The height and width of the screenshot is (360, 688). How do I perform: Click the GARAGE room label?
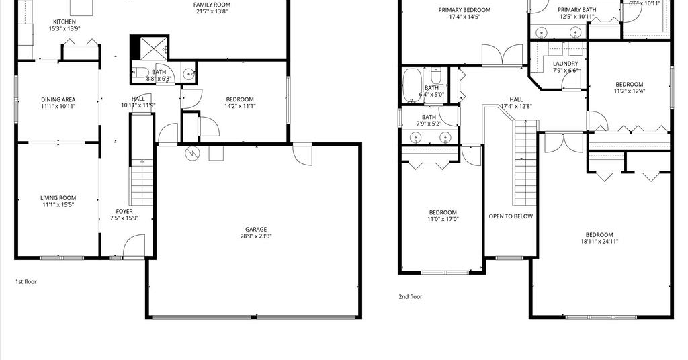pos(256,229)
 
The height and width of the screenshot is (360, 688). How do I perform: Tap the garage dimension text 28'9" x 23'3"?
pos(256,236)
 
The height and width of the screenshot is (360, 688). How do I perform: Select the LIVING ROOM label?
pos(58,198)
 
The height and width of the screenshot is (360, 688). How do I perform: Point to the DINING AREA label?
pos(58,99)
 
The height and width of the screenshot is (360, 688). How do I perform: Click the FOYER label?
pos(124,212)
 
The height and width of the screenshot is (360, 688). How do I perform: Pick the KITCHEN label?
pos(64,22)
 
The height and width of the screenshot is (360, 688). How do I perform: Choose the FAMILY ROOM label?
pos(212,5)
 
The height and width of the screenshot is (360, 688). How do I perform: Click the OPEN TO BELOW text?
pos(511,216)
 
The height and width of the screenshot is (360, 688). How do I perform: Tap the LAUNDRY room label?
pos(566,64)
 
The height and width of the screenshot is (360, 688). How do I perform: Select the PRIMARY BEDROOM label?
pos(465,10)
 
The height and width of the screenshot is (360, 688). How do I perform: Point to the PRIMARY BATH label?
pos(577,10)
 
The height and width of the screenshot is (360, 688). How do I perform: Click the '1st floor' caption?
pos(26,281)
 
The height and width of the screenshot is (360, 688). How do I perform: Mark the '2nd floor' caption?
pos(411,296)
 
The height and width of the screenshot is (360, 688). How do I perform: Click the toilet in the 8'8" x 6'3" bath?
pos(141,73)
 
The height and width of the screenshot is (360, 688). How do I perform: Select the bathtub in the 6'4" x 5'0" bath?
pos(412,85)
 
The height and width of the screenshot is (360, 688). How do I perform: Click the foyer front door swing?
pos(134,246)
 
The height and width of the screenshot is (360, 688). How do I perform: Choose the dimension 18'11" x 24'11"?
pos(599,242)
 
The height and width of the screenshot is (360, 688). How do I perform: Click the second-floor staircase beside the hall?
pos(525,163)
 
